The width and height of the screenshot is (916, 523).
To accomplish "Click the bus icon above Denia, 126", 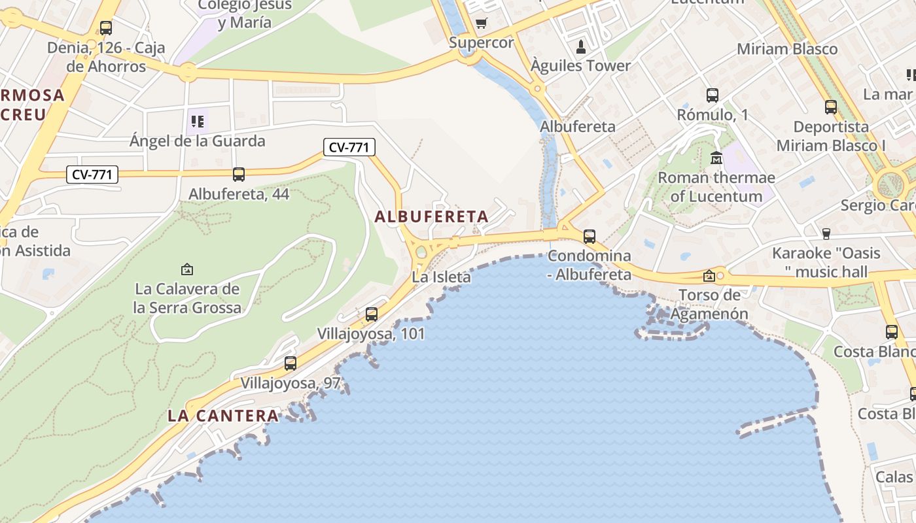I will [106, 28].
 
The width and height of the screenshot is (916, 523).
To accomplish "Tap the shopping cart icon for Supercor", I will [482, 24].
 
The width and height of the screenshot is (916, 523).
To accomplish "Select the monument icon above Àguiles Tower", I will [580, 46].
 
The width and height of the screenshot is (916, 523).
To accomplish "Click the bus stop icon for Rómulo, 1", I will [713, 95].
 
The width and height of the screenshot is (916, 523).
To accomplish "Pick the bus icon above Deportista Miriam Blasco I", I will [831, 107].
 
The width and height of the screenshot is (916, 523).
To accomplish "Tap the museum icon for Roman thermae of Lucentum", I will [716, 158].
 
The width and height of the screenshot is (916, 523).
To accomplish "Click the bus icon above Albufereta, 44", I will [239, 175].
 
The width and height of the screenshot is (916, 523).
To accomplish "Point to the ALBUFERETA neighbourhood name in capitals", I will [432, 216].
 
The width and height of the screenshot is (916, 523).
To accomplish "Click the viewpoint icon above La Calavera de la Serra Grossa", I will [187, 269].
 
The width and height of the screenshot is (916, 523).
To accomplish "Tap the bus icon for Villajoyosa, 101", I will [372, 314].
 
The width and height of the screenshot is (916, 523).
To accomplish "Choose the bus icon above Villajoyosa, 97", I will [291, 363].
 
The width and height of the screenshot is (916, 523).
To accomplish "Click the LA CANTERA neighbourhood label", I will [223, 415].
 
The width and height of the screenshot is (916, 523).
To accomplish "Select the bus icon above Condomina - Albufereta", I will [590, 236].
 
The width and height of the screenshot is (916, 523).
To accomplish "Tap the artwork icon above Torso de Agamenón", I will [709, 276].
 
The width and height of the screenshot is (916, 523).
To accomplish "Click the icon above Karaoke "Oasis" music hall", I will [826, 233].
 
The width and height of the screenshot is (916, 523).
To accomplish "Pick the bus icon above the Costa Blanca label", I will [892, 332].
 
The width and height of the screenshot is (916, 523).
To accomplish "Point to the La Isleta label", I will [441, 277].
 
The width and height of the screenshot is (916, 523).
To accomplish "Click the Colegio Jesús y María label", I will [235, 14].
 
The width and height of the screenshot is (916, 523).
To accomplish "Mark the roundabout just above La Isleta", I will [421, 252].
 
